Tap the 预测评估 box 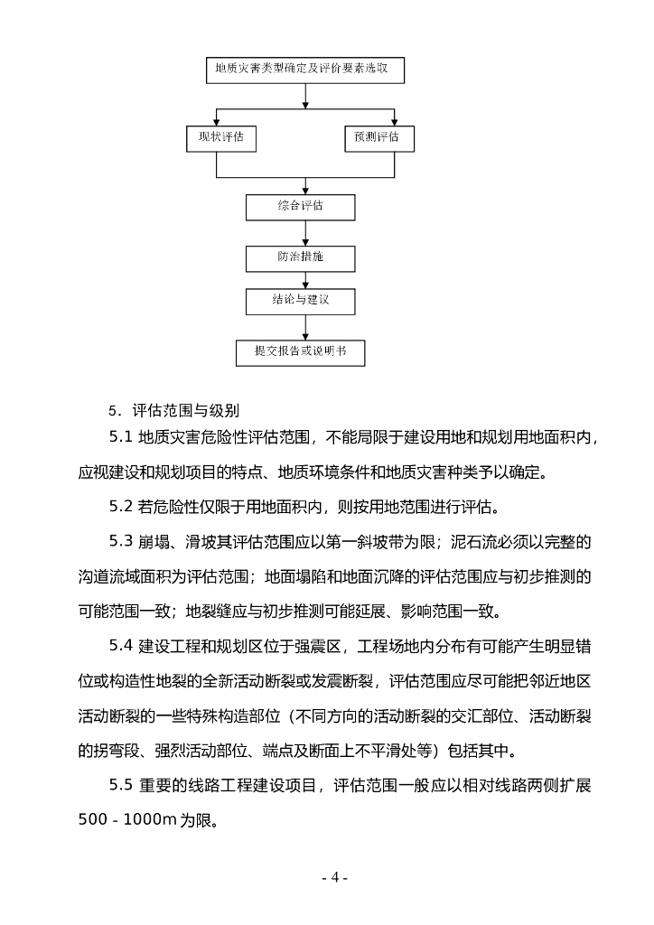[x=378, y=138]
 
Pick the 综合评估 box [x=301, y=207]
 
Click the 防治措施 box [x=301, y=257]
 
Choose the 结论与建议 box [x=301, y=301]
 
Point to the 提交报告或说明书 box [x=301, y=351]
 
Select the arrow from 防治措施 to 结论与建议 [x=305, y=280]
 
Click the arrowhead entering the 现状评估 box [x=215, y=121]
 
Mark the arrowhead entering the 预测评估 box [x=394, y=121]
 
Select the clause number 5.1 [x=121, y=439]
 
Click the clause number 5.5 [x=121, y=785]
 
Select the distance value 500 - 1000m [x=130, y=820]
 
